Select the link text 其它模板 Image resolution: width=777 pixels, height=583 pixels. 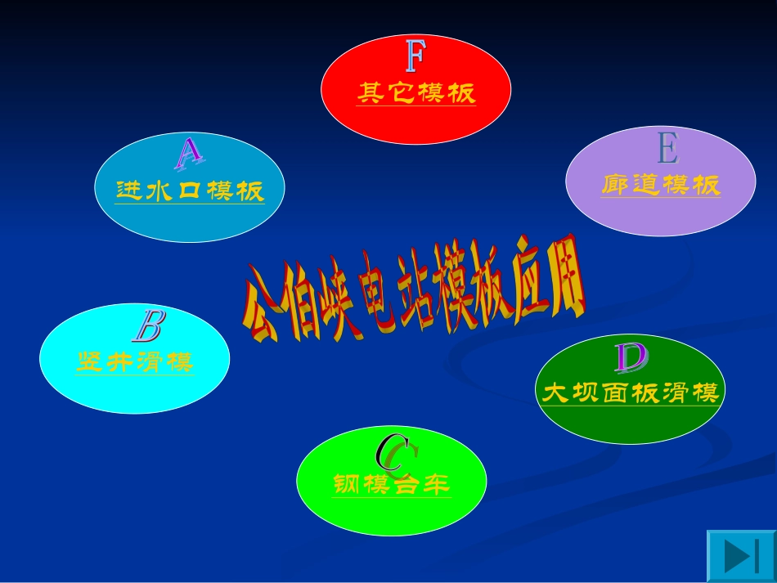415,93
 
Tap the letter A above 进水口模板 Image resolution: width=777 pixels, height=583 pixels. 189,153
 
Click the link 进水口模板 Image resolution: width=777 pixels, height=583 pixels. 190,191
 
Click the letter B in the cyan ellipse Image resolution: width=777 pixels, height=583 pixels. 149,326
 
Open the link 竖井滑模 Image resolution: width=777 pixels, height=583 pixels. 135,362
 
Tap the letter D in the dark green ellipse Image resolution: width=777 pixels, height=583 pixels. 631,358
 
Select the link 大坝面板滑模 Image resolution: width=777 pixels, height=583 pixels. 631,394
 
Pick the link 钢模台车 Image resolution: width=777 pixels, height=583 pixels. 392,485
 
